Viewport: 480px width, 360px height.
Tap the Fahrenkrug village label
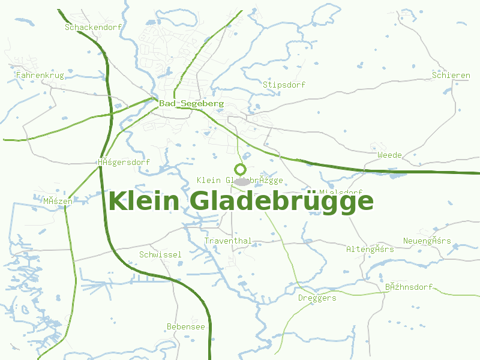coord(40,76)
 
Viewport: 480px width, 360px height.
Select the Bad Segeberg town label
coord(191,103)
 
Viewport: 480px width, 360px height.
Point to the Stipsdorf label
coord(284,85)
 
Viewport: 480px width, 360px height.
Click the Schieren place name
coord(451,75)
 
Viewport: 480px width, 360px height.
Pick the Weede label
coord(389,155)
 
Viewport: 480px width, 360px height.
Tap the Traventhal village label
coord(228,241)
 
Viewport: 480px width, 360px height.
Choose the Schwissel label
coord(160,254)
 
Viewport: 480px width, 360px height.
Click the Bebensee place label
coord(185,326)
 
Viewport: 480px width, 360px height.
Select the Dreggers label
coord(317,298)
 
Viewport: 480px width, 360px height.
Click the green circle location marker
coord(241,169)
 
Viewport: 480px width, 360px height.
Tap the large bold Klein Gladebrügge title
coord(241,201)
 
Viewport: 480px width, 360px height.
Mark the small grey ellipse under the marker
coord(241,181)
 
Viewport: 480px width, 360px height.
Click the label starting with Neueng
coord(427,241)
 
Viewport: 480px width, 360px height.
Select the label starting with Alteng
coord(370,248)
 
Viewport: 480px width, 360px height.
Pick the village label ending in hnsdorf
coord(409,287)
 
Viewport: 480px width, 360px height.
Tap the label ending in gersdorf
coord(124,162)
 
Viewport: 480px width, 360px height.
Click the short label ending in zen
coord(58,201)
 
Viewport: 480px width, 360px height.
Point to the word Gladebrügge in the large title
coord(282,201)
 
